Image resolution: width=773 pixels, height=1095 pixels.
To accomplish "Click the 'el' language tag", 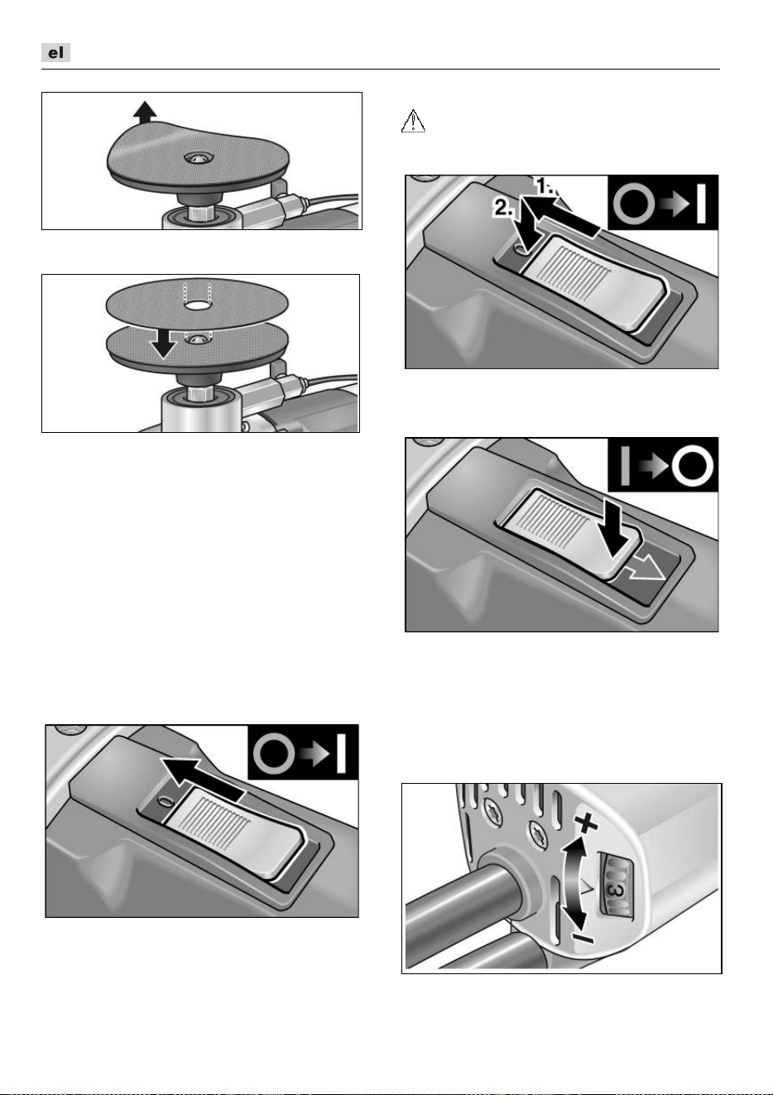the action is point(55,53).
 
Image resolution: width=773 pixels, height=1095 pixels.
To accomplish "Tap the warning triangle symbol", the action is point(413,121).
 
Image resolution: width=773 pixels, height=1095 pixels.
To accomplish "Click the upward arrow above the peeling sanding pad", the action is point(145,111).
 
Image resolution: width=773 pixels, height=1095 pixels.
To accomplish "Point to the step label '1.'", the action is point(547,187).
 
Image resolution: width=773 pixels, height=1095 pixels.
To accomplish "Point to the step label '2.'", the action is point(503,208).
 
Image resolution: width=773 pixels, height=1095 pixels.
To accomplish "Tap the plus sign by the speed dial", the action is point(586,824).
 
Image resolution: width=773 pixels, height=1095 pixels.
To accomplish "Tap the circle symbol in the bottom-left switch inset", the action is point(274,752).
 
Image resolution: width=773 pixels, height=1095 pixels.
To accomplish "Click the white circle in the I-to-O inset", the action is point(692,464).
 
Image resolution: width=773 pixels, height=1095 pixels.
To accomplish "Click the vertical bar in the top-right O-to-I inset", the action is point(701,203).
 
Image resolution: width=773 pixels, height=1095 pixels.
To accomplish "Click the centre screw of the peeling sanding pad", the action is point(198,157).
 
